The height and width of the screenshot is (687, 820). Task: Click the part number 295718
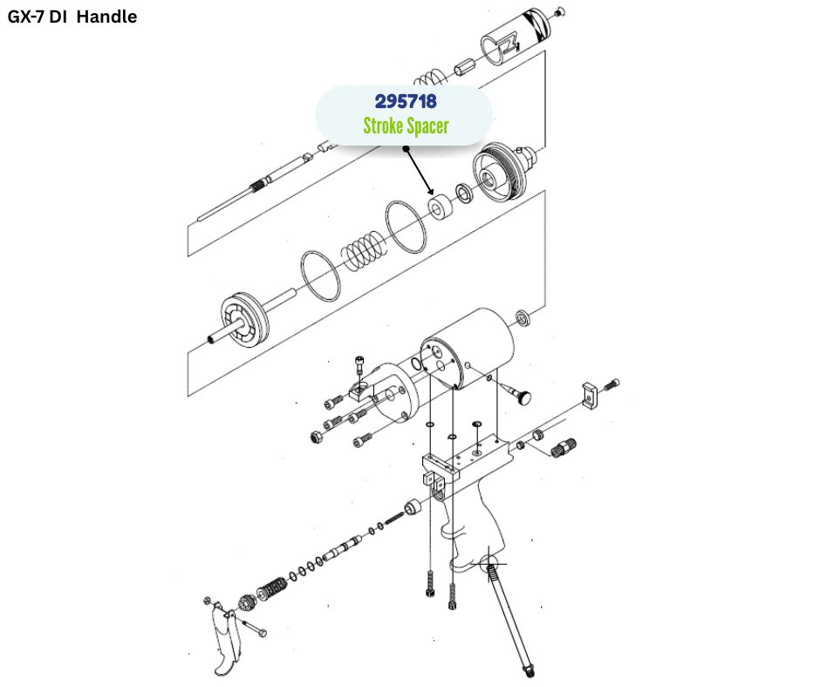[405, 102]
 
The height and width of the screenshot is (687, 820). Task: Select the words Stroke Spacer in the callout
[406, 126]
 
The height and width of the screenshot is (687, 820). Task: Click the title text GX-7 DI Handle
[72, 17]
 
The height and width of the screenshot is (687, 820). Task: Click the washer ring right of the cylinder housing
[524, 316]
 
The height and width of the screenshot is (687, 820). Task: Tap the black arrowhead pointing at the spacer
[430, 190]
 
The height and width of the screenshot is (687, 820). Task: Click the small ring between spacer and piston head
[465, 193]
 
